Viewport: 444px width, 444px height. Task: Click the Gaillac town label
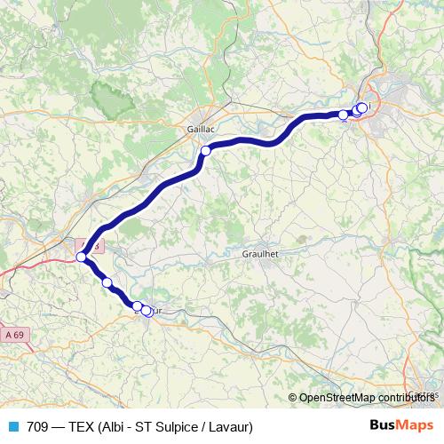pyautogui.click(x=202, y=129)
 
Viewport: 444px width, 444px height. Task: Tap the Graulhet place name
pyautogui.click(x=260, y=253)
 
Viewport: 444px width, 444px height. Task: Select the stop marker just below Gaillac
pyautogui.click(x=205, y=151)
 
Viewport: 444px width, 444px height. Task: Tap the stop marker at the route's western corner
pyautogui.click(x=81, y=257)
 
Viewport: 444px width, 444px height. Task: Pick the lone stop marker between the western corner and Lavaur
pyautogui.click(x=107, y=282)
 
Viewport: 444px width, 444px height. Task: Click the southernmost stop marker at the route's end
pyautogui.click(x=147, y=311)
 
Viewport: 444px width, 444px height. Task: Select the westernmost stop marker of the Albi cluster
pyautogui.click(x=343, y=115)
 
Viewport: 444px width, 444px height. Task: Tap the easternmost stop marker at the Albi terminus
pyautogui.click(x=362, y=107)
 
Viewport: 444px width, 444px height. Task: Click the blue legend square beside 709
pyautogui.click(x=13, y=426)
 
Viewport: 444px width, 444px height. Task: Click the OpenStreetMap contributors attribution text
pyautogui.click(x=365, y=398)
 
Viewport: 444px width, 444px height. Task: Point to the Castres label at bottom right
pyautogui.click(x=424, y=394)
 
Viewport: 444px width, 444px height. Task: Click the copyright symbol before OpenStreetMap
pyautogui.click(x=293, y=398)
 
